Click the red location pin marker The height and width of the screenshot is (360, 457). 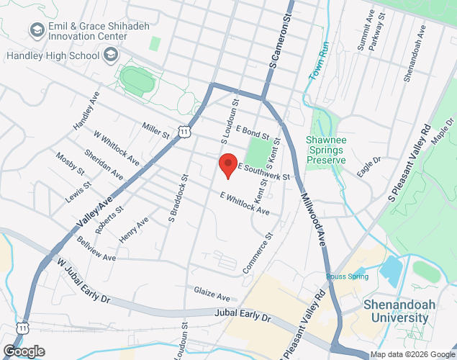point(228,165)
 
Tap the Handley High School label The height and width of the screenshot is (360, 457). point(53,55)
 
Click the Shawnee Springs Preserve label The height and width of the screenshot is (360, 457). point(326,150)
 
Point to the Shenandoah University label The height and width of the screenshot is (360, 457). point(400,310)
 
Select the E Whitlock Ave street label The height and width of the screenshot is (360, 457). point(245,204)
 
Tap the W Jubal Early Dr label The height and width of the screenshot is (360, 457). point(84,282)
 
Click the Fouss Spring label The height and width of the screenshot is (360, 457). point(347,276)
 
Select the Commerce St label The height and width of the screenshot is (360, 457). point(259,253)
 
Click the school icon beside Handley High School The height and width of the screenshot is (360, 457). point(111,55)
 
